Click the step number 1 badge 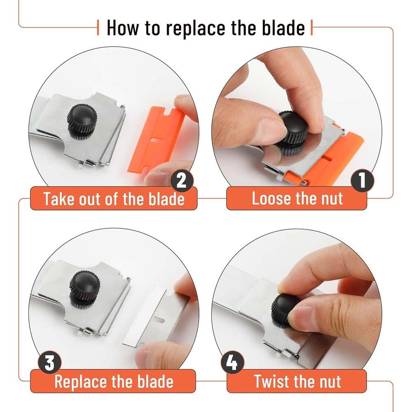coord(362,182)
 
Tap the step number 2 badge coord(181,182)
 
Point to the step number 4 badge coord(232,363)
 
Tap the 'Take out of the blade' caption coord(114,199)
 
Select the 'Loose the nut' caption coord(297,199)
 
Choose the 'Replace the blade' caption coord(114,381)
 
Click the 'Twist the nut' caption coord(297,381)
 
